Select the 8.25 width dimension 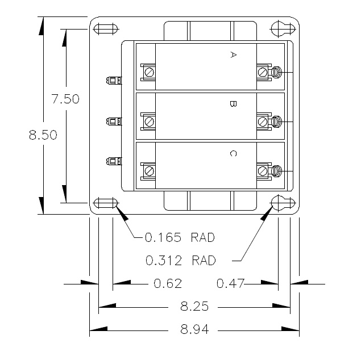(194, 307)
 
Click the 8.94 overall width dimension (194, 329)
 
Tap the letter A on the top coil (233, 55)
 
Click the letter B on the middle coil (233, 104)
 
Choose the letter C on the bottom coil (233, 153)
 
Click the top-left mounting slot (105, 29)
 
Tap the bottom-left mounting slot (105, 203)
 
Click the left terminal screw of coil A (149, 72)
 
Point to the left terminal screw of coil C (149, 170)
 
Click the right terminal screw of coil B (263, 122)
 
